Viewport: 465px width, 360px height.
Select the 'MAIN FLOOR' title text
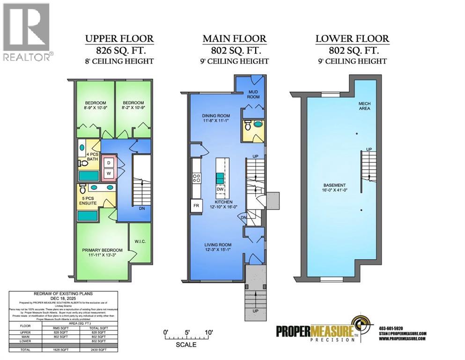[x=234, y=38]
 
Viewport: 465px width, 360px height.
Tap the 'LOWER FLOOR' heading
[x=352, y=38]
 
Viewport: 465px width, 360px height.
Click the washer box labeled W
[x=109, y=173]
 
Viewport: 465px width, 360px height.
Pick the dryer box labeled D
[x=109, y=162]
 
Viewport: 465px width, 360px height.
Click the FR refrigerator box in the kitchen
[x=196, y=205]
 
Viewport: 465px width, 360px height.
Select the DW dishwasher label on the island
[x=219, y=189]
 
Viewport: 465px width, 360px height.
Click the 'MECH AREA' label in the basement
[x=364, y=105]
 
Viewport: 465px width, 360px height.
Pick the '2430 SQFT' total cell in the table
[x=100, y=350]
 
